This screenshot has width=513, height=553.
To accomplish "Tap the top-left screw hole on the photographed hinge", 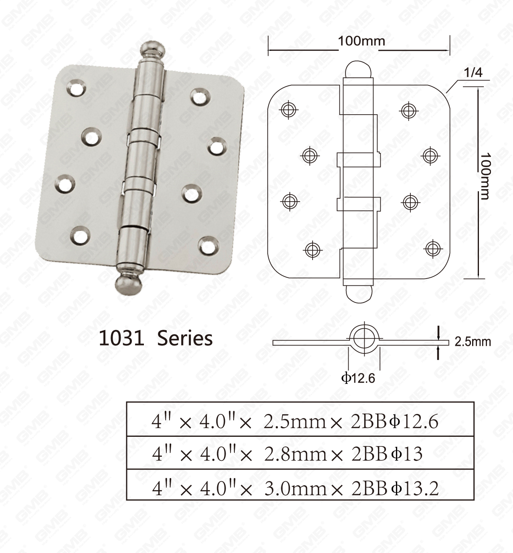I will (76, 87).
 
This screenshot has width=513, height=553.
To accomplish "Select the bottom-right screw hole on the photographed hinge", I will (208, 245).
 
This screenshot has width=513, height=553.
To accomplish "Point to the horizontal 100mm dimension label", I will (361, 41).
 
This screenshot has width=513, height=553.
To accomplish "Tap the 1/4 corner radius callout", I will (473, 73).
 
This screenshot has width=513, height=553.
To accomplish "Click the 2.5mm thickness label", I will (473, 342).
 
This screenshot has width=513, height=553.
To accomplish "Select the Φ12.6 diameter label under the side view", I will (358, 378).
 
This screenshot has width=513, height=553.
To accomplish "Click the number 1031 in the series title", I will (121, 338).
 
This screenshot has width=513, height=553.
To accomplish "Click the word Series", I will (185, 338).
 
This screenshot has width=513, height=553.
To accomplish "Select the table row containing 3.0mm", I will (300, 487).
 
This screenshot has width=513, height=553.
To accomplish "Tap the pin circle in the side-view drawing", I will (364, 339).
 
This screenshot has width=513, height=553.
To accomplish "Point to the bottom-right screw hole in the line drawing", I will (432, 248).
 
